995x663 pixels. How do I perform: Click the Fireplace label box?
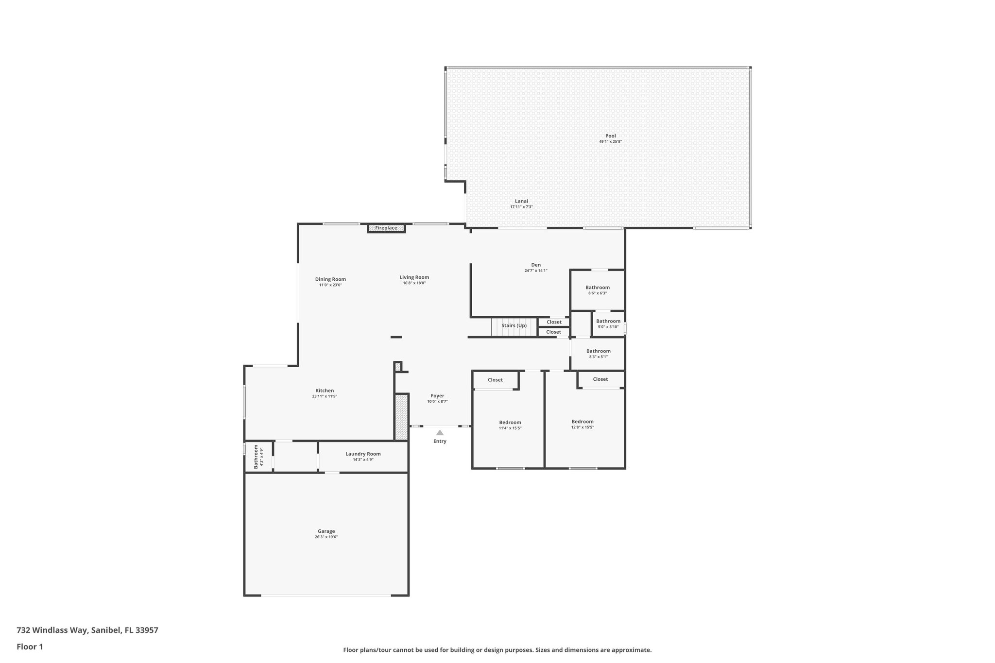(x=386, y=228)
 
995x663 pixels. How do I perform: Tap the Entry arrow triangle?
(x=440, y=432)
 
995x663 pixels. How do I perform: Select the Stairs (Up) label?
(x=514, y=325)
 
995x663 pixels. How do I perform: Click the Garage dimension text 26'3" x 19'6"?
(x=326, y=537)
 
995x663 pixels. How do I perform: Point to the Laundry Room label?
(x=363, y=454)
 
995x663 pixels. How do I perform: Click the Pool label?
(x=610, y=136)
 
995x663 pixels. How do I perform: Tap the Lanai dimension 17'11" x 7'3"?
(x=521, y=207)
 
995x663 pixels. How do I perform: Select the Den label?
(x=536, y=265)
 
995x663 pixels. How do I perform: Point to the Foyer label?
(x=437, y=396)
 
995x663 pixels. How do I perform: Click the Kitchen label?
(x=325, y=391)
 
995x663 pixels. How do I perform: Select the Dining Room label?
(x=330, y=279)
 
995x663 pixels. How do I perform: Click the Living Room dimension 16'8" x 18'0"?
(x=414, y=283)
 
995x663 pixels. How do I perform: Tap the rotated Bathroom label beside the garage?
(x=256, y=457)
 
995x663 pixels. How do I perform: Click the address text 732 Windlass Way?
(x=52, y=630)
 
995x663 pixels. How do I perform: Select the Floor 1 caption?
(x=30, y=646)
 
